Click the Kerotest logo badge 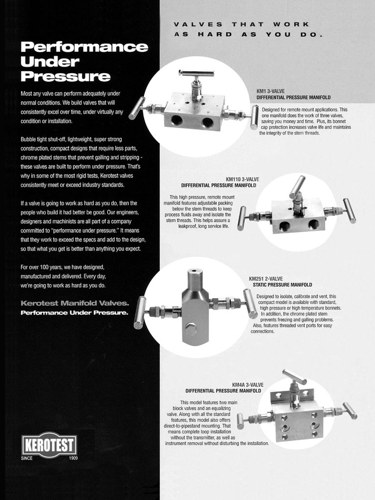point(49,444)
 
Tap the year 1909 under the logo point(73,458)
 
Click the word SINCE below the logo point(27,458)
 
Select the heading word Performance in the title point(84,47)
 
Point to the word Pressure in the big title point(66,76)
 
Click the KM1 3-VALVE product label point(271,91)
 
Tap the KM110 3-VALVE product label point(242,179)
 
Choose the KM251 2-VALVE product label point(266,279)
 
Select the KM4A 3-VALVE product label point(248,385)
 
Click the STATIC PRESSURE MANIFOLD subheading point(283,285)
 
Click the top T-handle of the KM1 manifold point(193,73)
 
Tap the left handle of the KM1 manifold point(137,108)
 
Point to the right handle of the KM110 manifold point(350,210)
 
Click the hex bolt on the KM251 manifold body point(191,329)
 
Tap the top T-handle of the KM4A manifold point(294,376)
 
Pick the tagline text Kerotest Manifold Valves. point(75,303)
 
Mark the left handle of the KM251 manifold point(140,312)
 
